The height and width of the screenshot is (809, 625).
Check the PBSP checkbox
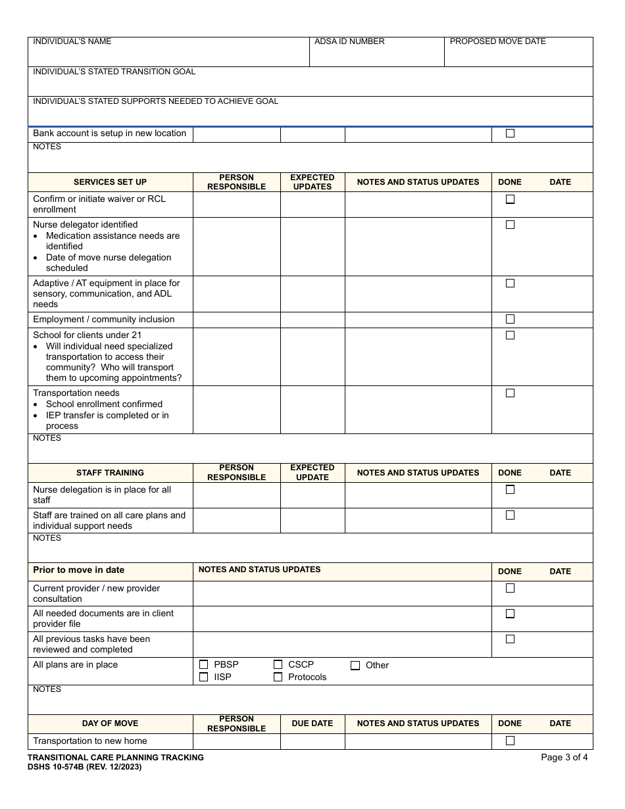203,665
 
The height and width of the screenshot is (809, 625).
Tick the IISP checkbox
203,677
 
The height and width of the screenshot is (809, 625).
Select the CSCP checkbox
278,665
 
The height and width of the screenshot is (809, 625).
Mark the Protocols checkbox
278,677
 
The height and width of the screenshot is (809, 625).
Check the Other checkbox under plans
355,666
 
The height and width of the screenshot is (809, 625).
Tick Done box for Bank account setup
510,134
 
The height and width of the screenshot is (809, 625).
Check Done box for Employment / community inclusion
510,319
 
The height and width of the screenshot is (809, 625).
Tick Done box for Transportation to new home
510,741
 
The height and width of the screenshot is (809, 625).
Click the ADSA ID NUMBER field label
349,41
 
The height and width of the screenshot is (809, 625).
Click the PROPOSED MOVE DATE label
497,41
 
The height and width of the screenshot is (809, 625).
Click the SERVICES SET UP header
110,182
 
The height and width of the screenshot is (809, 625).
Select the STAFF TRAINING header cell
110,473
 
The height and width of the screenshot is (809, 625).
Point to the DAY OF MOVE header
110,723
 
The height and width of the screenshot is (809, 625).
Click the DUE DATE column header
312,723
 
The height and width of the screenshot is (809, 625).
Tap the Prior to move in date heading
78,570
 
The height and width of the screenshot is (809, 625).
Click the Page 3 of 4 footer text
564,758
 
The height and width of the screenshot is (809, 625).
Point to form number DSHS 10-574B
84,767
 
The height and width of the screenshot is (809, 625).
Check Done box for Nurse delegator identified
510,225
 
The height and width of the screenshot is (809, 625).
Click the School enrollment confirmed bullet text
104,404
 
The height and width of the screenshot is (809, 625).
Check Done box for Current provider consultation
510,589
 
